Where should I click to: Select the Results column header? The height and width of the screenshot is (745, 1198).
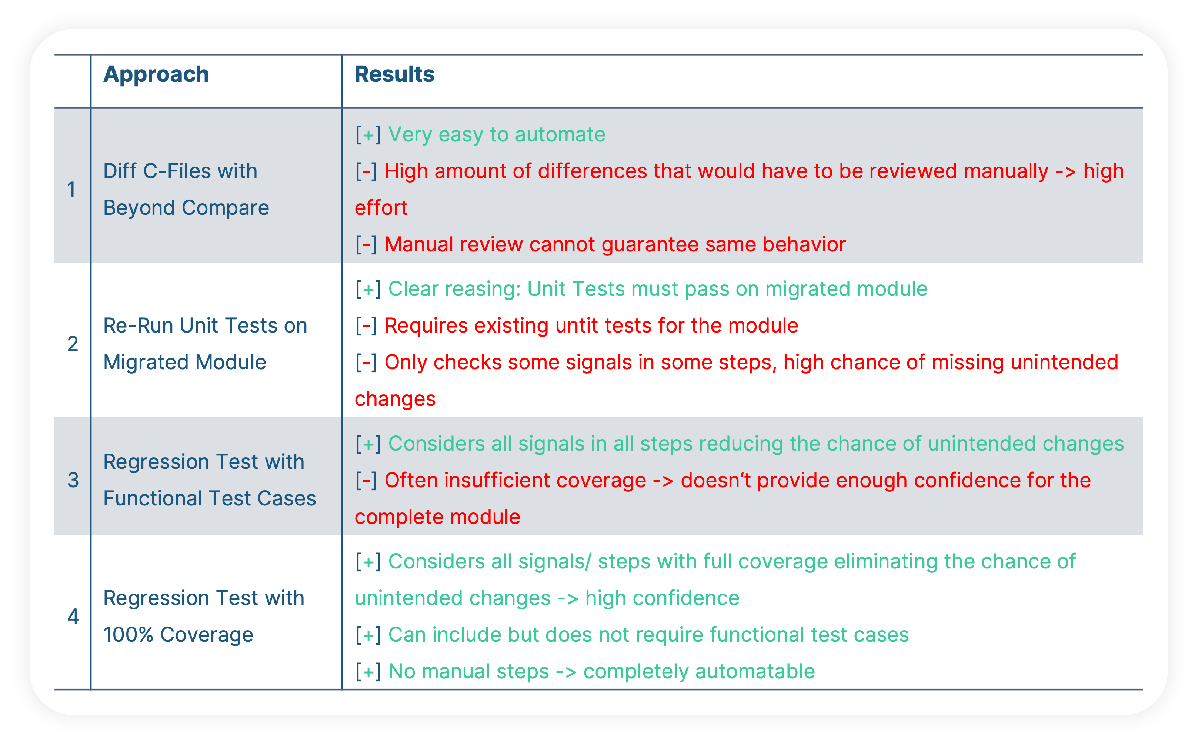(395, 74)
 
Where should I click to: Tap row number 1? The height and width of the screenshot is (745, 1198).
(72, 190)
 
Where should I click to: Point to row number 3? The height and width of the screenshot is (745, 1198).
(73, 480)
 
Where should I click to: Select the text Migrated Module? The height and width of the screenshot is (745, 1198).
(185, 363)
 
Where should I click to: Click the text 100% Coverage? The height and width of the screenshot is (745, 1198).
(178, 635)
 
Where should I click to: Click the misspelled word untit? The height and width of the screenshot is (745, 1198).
(578, 326)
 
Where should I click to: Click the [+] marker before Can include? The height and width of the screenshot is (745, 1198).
(368, 635)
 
